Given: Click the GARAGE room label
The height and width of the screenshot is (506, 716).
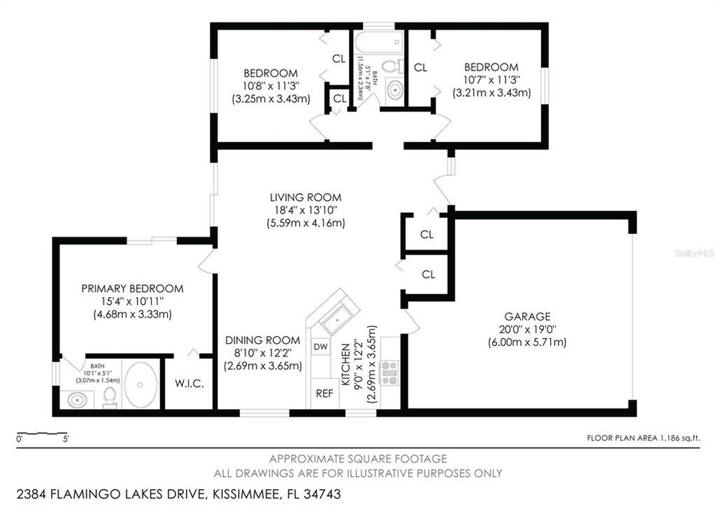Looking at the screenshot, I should [526, 316].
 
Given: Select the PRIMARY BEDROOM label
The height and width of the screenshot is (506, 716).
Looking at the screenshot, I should [133, 288].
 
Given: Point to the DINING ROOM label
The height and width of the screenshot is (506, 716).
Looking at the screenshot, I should [263, 340].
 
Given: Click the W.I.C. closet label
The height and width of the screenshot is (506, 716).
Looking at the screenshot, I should [189, 384].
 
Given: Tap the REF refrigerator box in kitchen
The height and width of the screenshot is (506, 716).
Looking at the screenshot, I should [324, 394].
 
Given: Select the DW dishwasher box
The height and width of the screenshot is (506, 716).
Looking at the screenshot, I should [321, 347].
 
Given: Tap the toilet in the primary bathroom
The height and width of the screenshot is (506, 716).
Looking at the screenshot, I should [109, 398].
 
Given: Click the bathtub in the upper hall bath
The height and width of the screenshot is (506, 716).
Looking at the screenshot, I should [379, 41].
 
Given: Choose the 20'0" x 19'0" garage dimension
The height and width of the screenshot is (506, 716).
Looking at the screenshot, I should [526, 330].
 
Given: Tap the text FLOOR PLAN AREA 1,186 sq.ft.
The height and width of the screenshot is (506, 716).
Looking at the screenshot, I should [643, 438].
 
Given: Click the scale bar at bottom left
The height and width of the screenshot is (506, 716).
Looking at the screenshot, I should [43, 433].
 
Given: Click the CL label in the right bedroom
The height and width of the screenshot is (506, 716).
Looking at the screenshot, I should [420, 67].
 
